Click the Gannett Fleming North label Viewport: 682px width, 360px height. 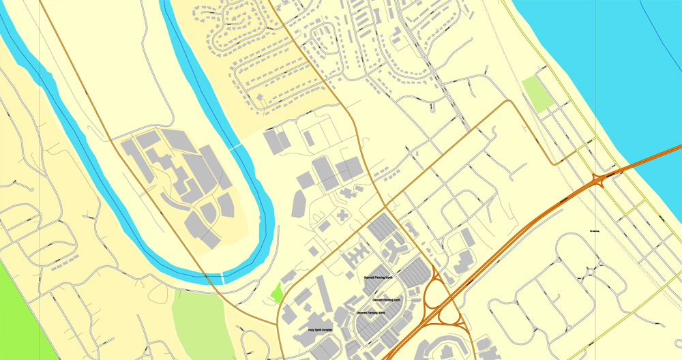coord(379,277)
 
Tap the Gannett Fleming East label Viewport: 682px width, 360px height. coord(385,300)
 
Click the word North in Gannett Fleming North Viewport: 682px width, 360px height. coord(389,277)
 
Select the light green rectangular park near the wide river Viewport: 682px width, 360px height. coord(537,95)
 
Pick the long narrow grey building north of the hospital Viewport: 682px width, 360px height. coord(324,293)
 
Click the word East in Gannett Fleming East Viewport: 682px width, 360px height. coord(396,300)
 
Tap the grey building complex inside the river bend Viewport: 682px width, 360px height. coord(184,177)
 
